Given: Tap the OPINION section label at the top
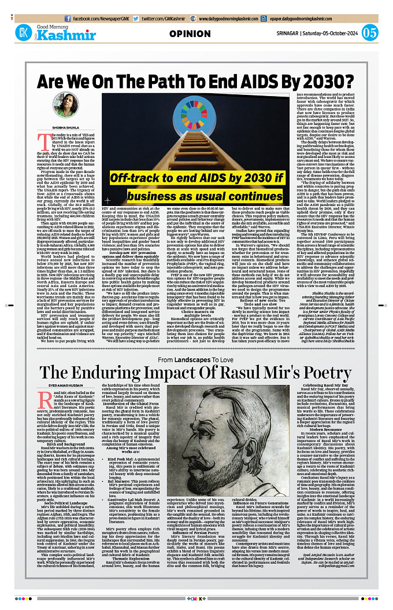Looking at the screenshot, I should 190,34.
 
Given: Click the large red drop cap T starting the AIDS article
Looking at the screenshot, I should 40,138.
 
